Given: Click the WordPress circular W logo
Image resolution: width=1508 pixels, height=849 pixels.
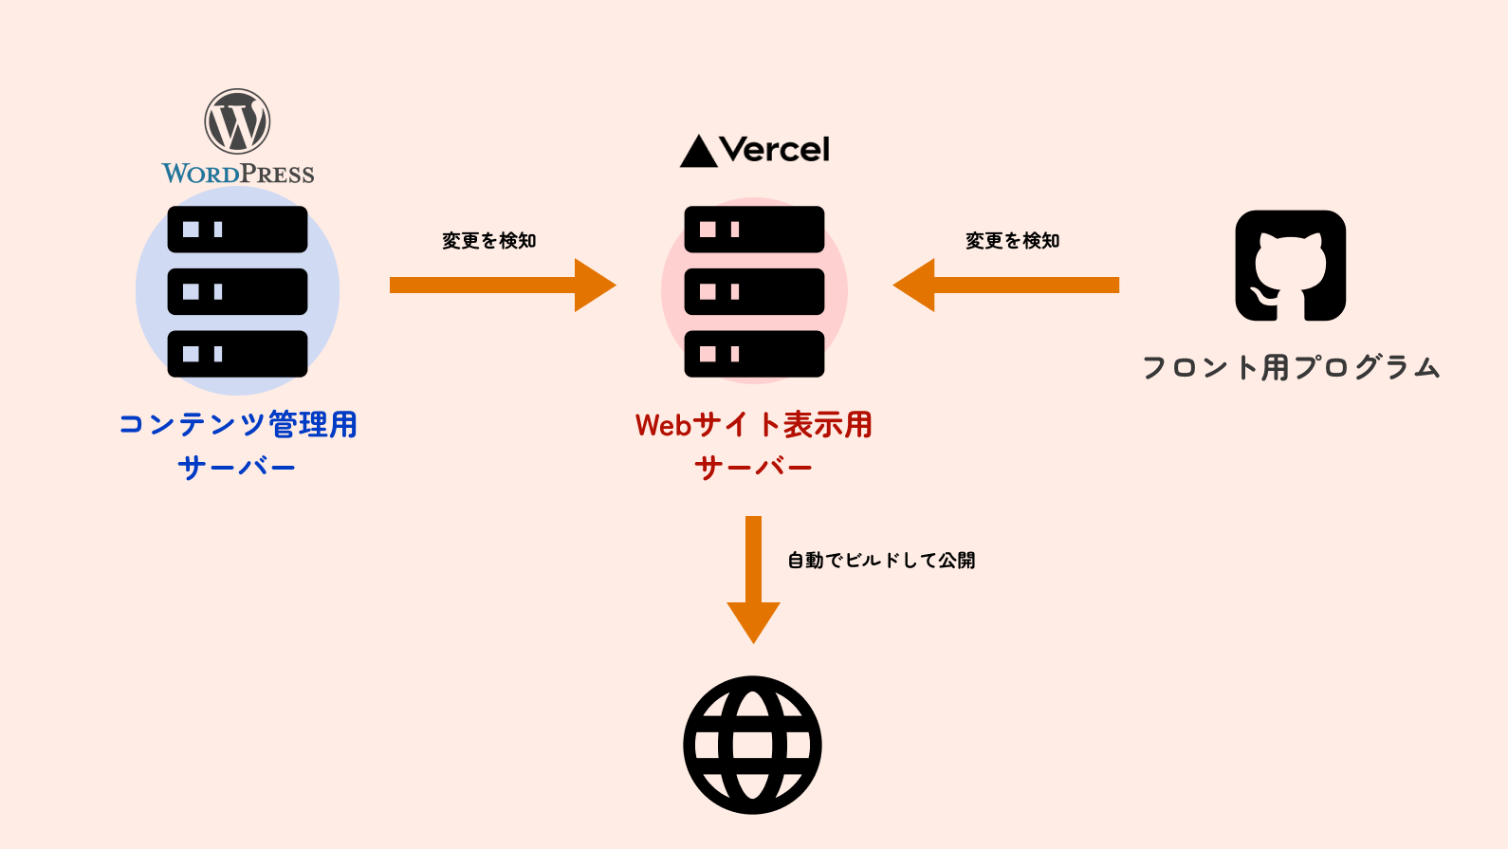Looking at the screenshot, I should point(237,121).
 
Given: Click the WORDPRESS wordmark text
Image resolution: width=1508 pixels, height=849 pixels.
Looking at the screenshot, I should point(238,174).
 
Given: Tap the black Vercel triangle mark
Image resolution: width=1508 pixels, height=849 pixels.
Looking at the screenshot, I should point(699,152).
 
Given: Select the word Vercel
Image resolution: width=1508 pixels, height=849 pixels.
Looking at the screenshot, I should point(774,150).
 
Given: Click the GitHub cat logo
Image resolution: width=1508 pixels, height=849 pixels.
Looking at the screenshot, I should point(1290,266).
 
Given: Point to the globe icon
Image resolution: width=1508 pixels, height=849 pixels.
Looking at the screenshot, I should point(752,745).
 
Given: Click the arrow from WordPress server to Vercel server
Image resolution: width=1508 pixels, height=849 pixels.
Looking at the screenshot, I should point(503,285).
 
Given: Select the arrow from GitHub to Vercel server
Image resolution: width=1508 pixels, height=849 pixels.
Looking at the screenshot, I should point(1006,285).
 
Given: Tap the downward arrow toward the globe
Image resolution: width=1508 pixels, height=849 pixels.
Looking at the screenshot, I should point(753,579).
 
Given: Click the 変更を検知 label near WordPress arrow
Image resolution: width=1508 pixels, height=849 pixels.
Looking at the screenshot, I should point(489,241).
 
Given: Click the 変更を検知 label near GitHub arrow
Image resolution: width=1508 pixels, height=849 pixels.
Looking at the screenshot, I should point(1013,241).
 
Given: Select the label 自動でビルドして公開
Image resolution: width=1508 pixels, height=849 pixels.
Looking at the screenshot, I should point(881,561).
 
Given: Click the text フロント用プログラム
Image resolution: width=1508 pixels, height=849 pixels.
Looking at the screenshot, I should point(1291,367).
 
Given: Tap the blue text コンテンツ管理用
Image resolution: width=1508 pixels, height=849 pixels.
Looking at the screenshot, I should point(238,424).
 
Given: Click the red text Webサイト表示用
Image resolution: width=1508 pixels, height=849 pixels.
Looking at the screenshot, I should point(754,425).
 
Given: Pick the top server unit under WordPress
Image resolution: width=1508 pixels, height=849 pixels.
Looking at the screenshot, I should point(237,230).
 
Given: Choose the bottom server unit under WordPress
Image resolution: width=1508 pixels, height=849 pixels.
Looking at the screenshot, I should point(237,354).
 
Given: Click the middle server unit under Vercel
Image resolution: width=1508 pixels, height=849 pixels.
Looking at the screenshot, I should point(754,291).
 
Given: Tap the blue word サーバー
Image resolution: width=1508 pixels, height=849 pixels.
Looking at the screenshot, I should point(237,467).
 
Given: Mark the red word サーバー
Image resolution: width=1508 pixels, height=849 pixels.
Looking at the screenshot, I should point(754,467).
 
